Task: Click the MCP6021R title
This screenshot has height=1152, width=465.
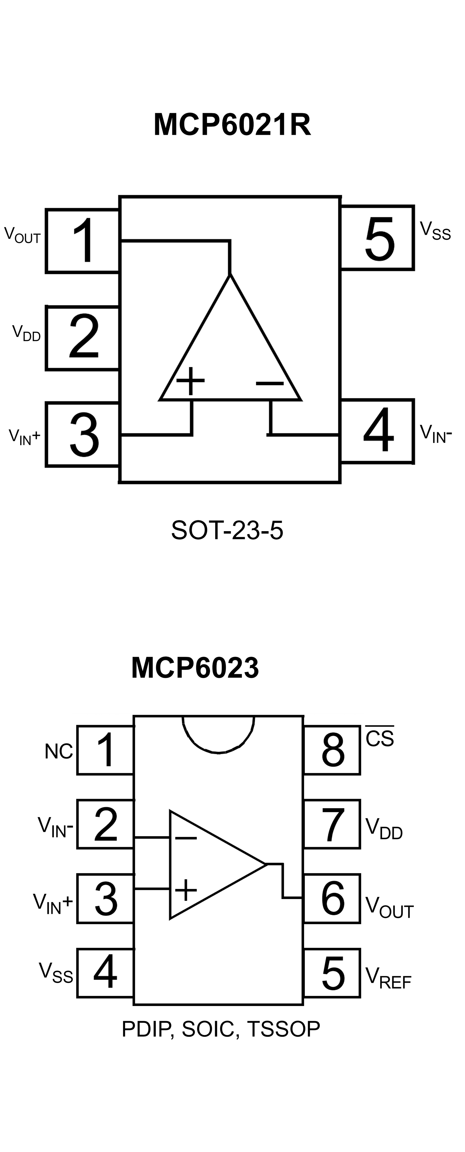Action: (x=232, y=124)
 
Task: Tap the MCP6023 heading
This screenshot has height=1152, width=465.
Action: (x=195, y=668)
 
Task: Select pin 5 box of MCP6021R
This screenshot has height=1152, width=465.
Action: (x=377, y=238)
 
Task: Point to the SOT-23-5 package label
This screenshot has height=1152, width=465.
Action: (x=227, y=530)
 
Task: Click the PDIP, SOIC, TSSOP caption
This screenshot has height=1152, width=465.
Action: (x=221, y=1029)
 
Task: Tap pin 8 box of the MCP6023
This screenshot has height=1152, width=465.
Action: (x=332, y=750)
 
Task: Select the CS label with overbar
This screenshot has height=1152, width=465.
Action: (x=380, y=737)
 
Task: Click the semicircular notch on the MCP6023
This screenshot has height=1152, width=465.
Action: (x=218, y=734)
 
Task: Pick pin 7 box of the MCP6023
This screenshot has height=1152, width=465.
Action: (x=332, y=824)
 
